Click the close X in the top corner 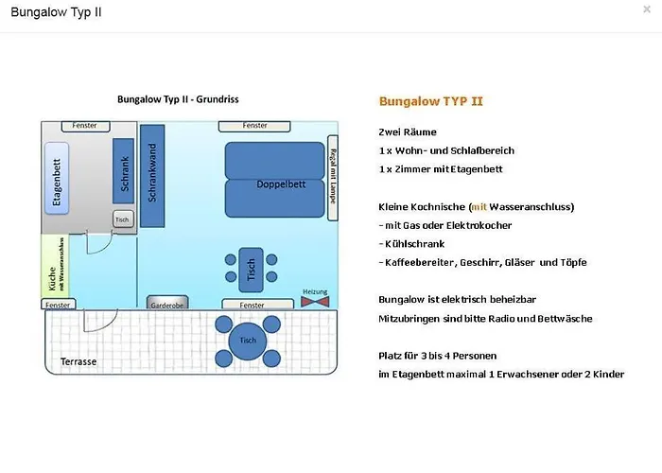[646, 9]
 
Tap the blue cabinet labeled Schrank [122, 171]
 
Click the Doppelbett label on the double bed [275, 184]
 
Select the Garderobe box [167, 304]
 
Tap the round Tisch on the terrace [248, 341]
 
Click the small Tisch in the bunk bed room [121, 219]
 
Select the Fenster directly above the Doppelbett [254, 126]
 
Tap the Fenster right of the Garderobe [253, 306]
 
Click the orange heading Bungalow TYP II [431, 100]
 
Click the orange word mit [479, 206]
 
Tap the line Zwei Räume [407, 132]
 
